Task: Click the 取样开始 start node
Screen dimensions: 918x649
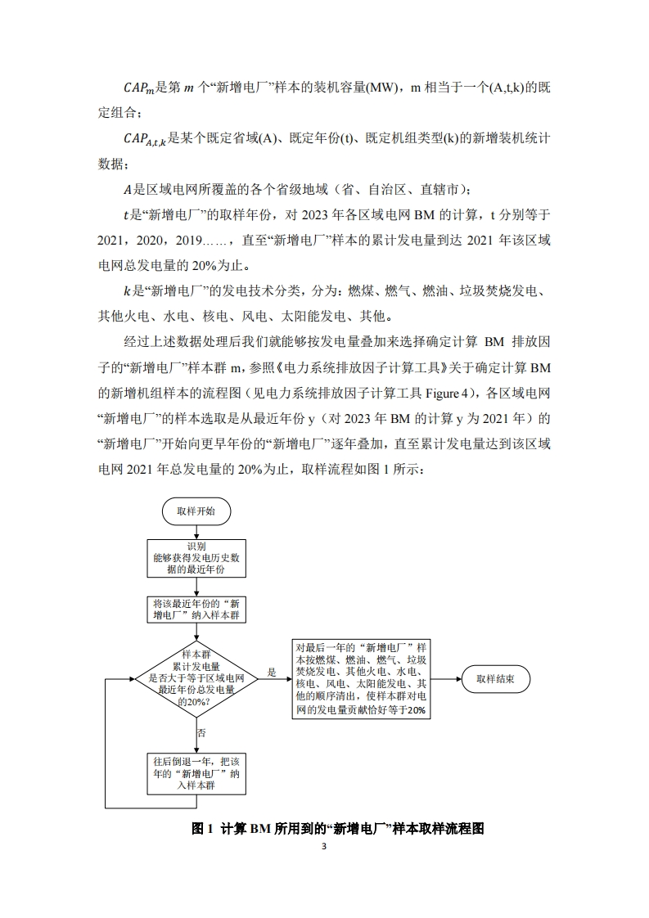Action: [x=196, y=511]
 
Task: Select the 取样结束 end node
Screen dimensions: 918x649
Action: [x=494, y=678]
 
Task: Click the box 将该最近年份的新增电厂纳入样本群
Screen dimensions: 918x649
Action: [x=196, y=609]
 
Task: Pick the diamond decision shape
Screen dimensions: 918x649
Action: [x=196, y=678]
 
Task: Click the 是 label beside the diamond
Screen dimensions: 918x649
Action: [x=272, y=673]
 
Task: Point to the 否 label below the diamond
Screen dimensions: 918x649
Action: [x=201, y=731]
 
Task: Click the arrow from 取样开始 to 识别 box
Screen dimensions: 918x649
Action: [x=196, y=531]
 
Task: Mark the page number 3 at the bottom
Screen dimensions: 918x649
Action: [x=324, y=847]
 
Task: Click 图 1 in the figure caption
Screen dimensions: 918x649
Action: [x=201, y=828]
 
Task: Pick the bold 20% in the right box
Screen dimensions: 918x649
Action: [x=413, y=711]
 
